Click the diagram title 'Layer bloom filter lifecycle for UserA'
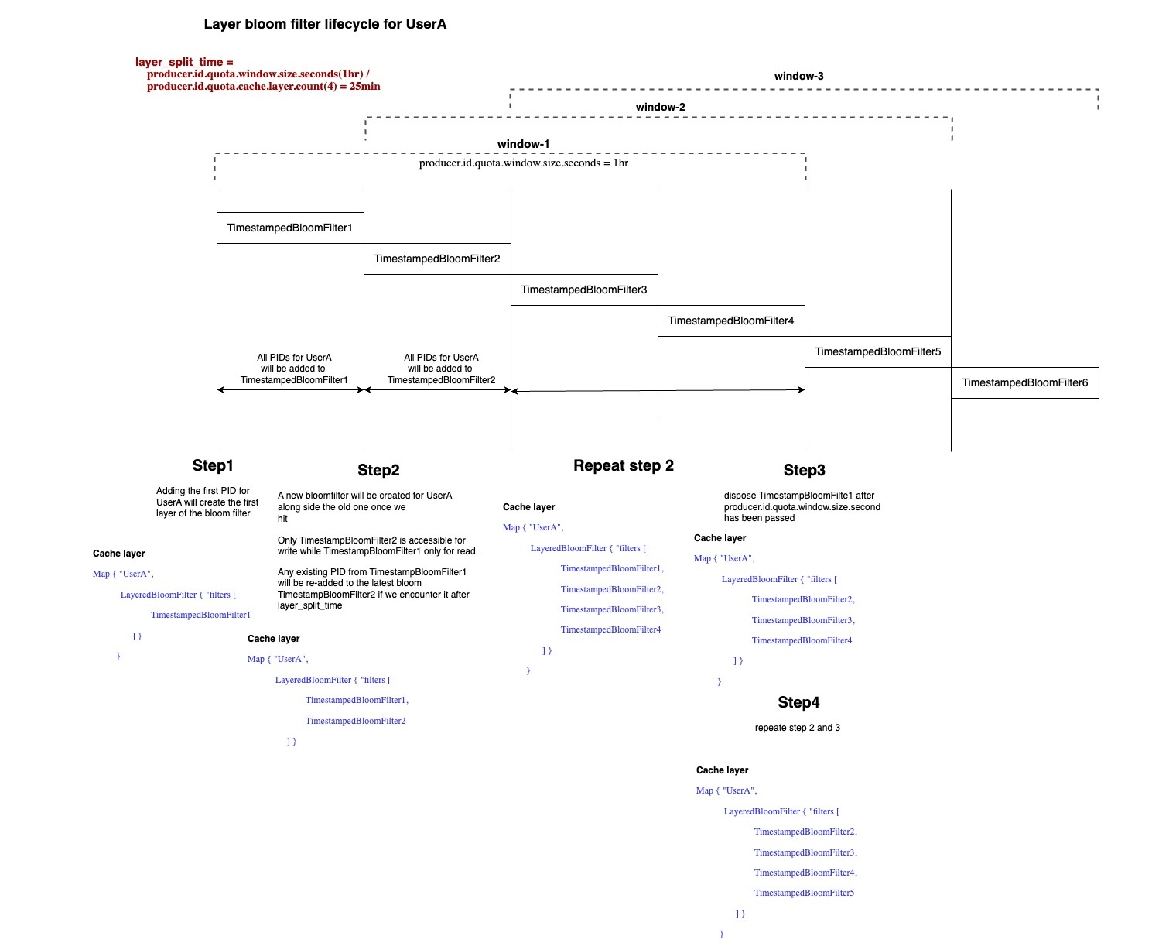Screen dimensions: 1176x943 325,24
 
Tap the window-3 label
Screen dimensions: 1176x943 798,76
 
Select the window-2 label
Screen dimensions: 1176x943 660,107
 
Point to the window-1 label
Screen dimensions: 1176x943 523,144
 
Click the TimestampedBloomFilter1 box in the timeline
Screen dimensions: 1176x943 290,228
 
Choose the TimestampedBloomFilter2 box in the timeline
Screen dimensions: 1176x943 437,259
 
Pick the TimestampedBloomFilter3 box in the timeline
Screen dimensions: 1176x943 584,290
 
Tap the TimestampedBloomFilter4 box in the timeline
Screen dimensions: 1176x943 731,321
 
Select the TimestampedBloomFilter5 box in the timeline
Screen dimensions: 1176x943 878,351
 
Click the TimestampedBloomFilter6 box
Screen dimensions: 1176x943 1025,383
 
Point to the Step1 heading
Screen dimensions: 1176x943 213,465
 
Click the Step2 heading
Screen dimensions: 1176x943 378,470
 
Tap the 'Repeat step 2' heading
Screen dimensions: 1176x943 624,465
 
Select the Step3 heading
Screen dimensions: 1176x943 805,470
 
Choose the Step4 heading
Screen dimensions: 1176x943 798,702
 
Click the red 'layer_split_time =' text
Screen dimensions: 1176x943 184,62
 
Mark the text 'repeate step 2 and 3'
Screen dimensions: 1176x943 798,728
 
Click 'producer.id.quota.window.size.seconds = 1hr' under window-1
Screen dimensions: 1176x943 524,163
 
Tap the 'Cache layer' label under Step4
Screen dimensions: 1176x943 722,770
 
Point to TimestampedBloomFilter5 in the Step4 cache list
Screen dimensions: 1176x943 804,893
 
